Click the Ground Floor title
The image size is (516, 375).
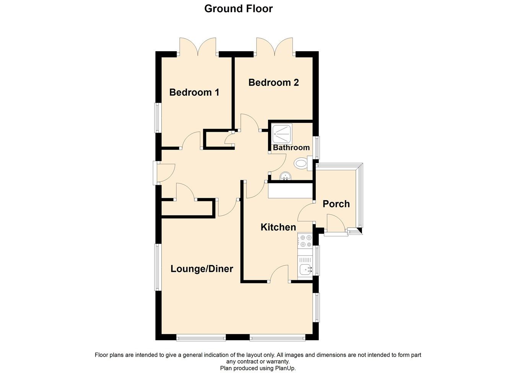tap(238, 8)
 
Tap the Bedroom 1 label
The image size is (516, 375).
tap(194, 92)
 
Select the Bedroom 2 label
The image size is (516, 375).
tap(273, 82)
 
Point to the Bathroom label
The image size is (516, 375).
tap(291, 147)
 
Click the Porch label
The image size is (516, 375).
tap(336, 204)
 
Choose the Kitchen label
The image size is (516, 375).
tap(278, 227)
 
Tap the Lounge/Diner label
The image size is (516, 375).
tap(202, 269)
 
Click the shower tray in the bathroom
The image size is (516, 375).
tap(282, 133)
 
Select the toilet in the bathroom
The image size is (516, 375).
tap(302, 163)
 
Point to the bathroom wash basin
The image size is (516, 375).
tap(285, 176)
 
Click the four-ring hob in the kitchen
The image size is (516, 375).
tap(305, 240)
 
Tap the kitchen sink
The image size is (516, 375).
tap(305, 270)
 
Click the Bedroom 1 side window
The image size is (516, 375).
tap(157, 118)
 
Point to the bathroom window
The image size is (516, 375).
tap(317, 147)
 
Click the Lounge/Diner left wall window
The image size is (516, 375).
tap(157, 267)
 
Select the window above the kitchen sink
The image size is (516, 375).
tap(317, 260)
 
